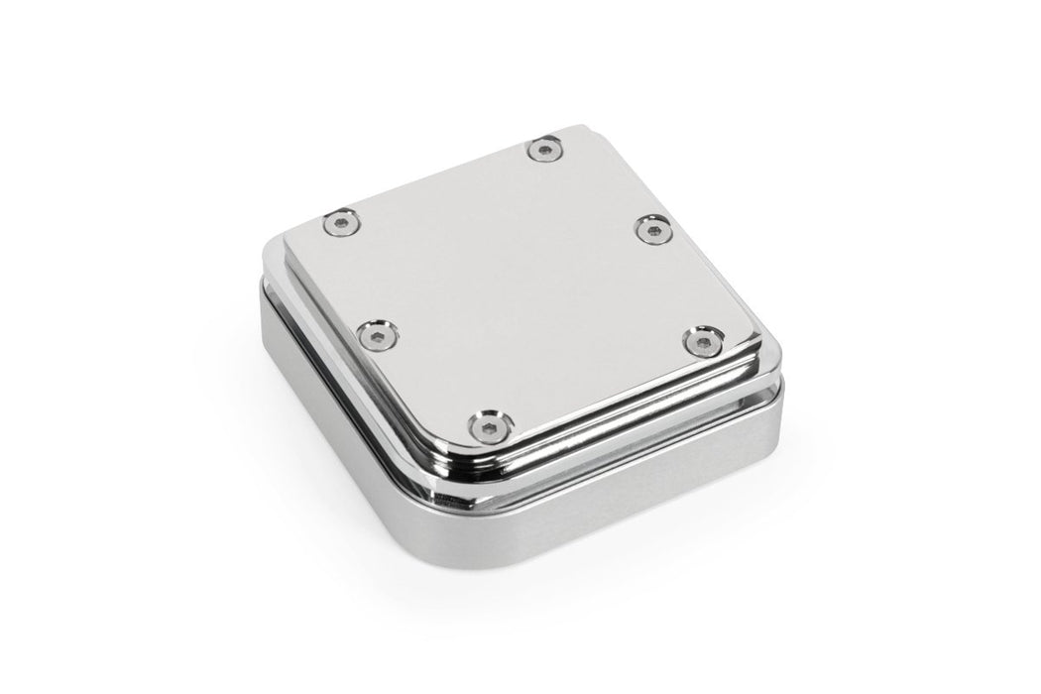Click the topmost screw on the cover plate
(x=543, y=150)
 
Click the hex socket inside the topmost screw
(x=543, y=150)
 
